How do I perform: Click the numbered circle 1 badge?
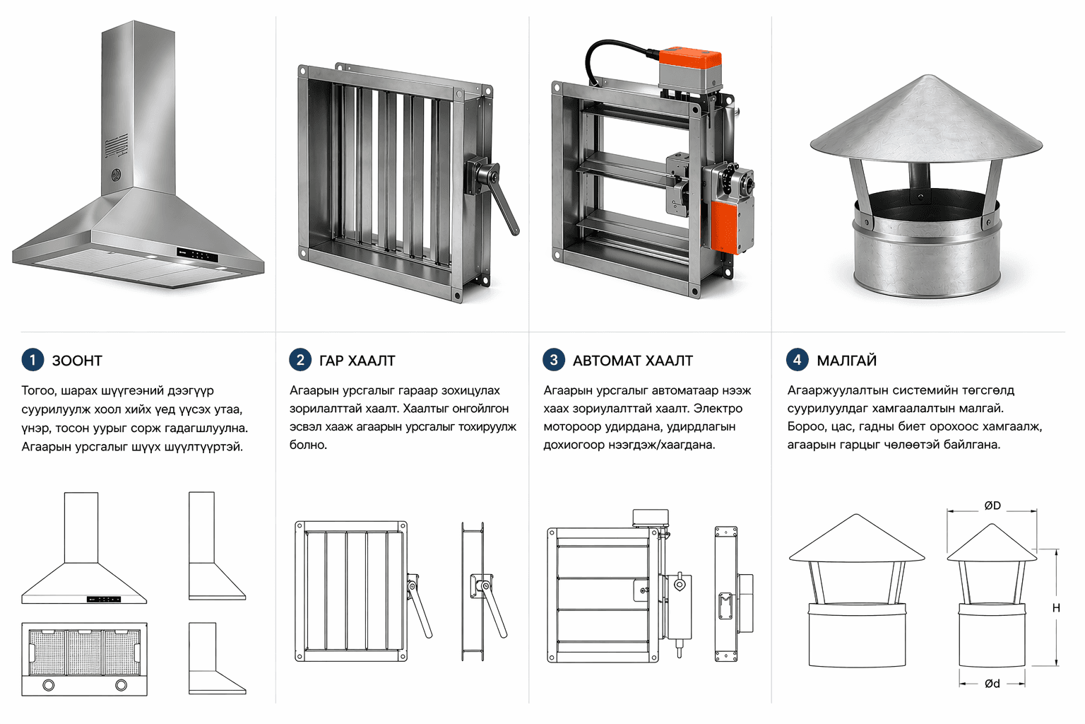32,360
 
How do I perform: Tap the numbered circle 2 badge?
300,360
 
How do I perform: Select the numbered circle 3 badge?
554,360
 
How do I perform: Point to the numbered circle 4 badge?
798,360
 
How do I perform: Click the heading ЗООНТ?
77,361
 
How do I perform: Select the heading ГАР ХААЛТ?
357,361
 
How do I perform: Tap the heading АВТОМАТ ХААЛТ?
632,361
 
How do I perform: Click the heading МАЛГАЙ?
846,361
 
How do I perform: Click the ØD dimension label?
992,506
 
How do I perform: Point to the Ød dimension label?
992,684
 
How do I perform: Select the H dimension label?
1056,608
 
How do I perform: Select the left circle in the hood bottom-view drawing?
49,684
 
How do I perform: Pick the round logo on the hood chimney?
116,174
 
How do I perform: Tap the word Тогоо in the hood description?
39,390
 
